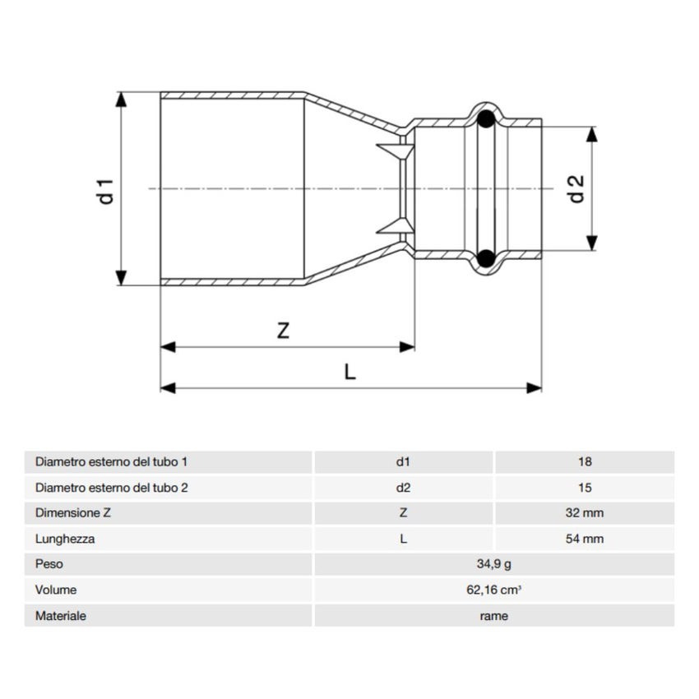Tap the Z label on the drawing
(x=283, y=331)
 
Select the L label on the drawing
(x=350, y=372)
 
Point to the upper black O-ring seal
(x=486, y=118)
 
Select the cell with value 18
(x=585, y=462)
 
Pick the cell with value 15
(x=585, y=488)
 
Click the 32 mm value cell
(x=585, y=513)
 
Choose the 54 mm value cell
(x=585, y=539)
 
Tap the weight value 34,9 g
(x=493, y=564)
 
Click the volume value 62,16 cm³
(x=493, y=590)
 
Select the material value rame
(x=493, y=615)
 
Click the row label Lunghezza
(x=65, y=539)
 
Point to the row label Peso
(x=49, y=564)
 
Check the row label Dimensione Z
(x=73, y=513)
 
